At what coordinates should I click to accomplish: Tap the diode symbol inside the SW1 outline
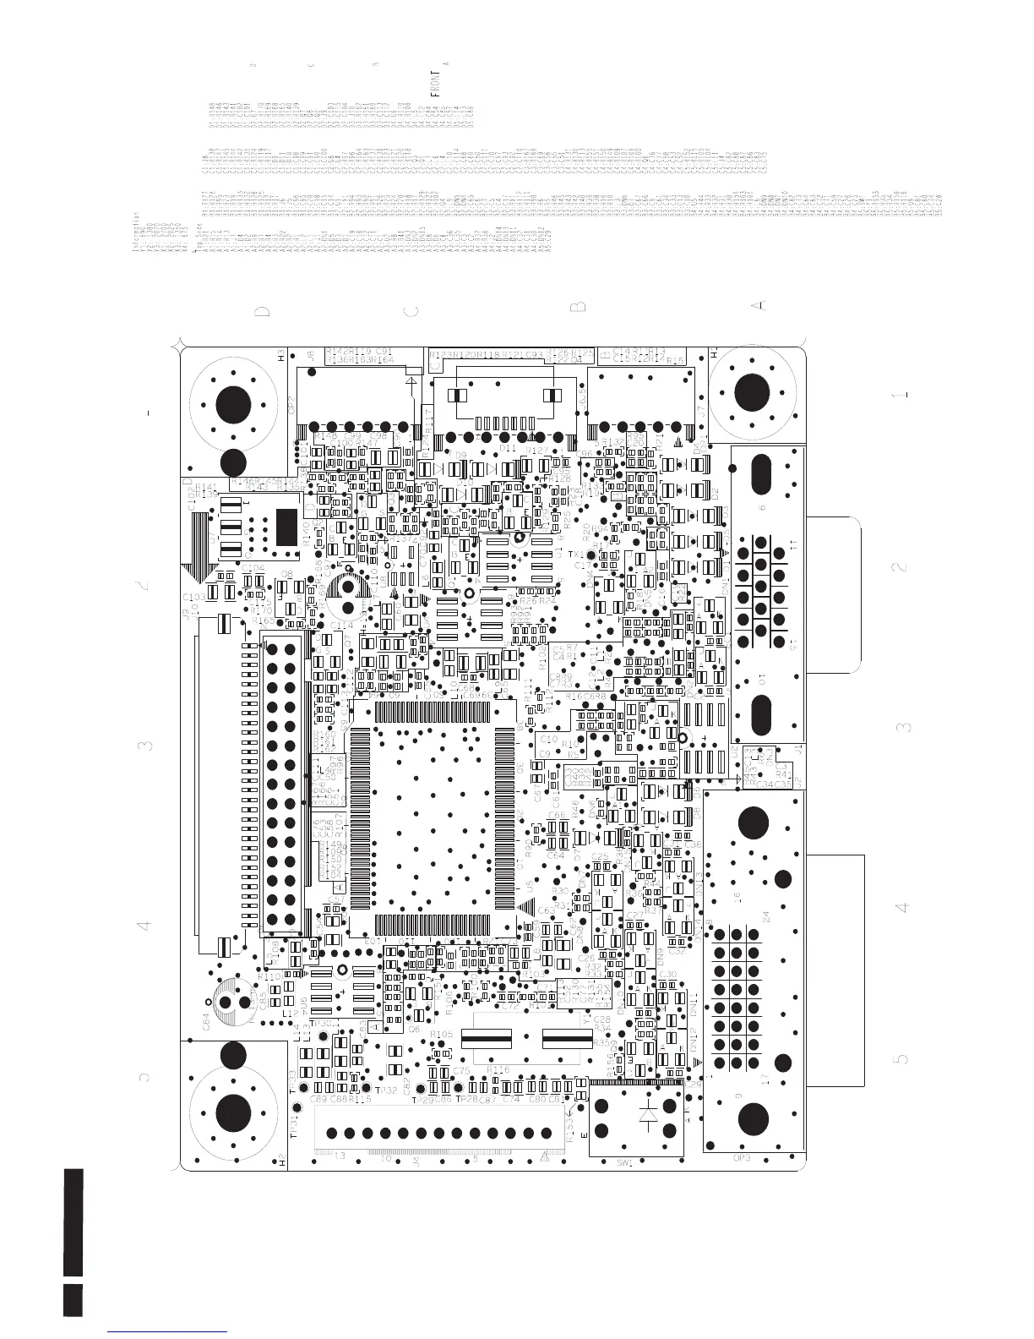(649, 1115)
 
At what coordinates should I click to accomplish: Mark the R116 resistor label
(498, 1070)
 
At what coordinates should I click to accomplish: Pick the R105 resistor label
(442, 1034)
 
